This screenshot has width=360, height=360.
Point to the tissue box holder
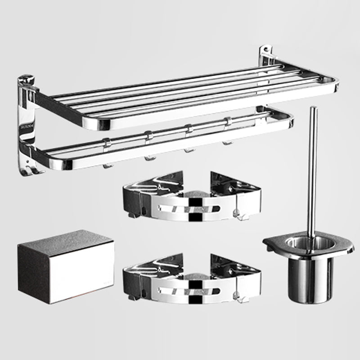click(66, 260)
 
